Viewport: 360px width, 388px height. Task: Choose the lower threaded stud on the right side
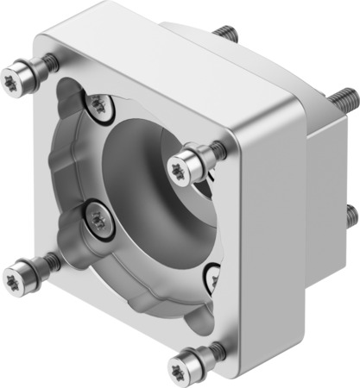coord(352,215)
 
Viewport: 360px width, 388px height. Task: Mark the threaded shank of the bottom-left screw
coord(47,259)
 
